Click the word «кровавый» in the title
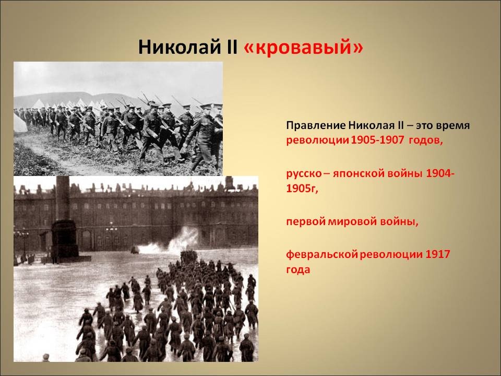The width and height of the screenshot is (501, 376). click(x=303, y=48)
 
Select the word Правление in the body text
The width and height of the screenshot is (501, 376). click(x=316, y=125)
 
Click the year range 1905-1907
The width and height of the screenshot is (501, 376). click(x=377, y=140)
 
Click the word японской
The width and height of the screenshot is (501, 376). click(x=359, y=173)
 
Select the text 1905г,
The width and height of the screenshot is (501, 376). click(x=302, y=189)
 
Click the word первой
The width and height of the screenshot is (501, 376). click(x=305, y=221)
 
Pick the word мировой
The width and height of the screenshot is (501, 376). click(x=352, y=221)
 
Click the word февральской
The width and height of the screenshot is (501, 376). click(x=322, y=254)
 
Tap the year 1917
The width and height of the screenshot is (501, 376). click(x=438, y=254)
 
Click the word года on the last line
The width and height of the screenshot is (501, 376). click(x=298, y=270)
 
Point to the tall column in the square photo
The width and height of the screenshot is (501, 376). click(x=63, y=198)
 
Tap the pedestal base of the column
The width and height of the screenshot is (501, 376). click(x=65, y=240)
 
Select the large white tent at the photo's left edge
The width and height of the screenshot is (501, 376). click(x=20, y=123)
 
